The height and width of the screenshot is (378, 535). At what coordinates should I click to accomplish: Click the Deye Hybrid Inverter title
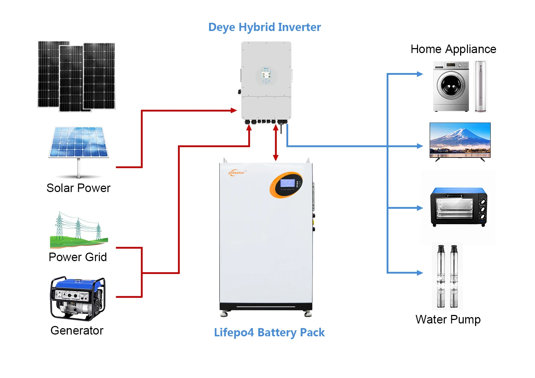click(x=264, y=27)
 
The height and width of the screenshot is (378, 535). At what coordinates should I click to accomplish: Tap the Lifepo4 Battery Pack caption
click(x=269, y=332)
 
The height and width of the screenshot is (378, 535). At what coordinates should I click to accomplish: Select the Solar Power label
click(x=78, y=188)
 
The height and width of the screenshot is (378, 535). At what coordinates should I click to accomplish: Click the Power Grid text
click(x=78, y=257)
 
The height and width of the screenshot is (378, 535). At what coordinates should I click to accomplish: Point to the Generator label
click(x=77, y=331)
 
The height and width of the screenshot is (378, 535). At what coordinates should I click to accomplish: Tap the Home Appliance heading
click(x=453, y=49)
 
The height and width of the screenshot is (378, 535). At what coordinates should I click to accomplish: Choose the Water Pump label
click(x=448, y=320)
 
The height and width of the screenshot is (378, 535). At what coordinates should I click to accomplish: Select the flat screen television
click(x=460, y=140)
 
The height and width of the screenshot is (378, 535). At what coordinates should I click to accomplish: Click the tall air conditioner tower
click(x=480, y=87)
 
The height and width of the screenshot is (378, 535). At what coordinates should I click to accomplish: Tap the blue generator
click(x=77, y=299)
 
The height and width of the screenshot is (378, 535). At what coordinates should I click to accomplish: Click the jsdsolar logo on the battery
click(x=236, y=173)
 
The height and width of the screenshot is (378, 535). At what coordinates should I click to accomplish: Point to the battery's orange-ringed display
click(x=286, y=185)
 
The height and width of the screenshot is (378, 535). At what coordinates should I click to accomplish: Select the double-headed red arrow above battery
click(x=275, y=143)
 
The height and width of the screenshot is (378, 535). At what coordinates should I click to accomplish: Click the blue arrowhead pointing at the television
click(x=420, y=146)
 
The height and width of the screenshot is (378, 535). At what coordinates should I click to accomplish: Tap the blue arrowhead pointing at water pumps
click(x=420, y=273)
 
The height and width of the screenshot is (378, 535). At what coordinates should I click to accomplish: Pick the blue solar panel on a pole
click(x=78, y=143)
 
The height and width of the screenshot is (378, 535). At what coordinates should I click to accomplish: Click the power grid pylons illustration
click(x=78, y=230)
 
